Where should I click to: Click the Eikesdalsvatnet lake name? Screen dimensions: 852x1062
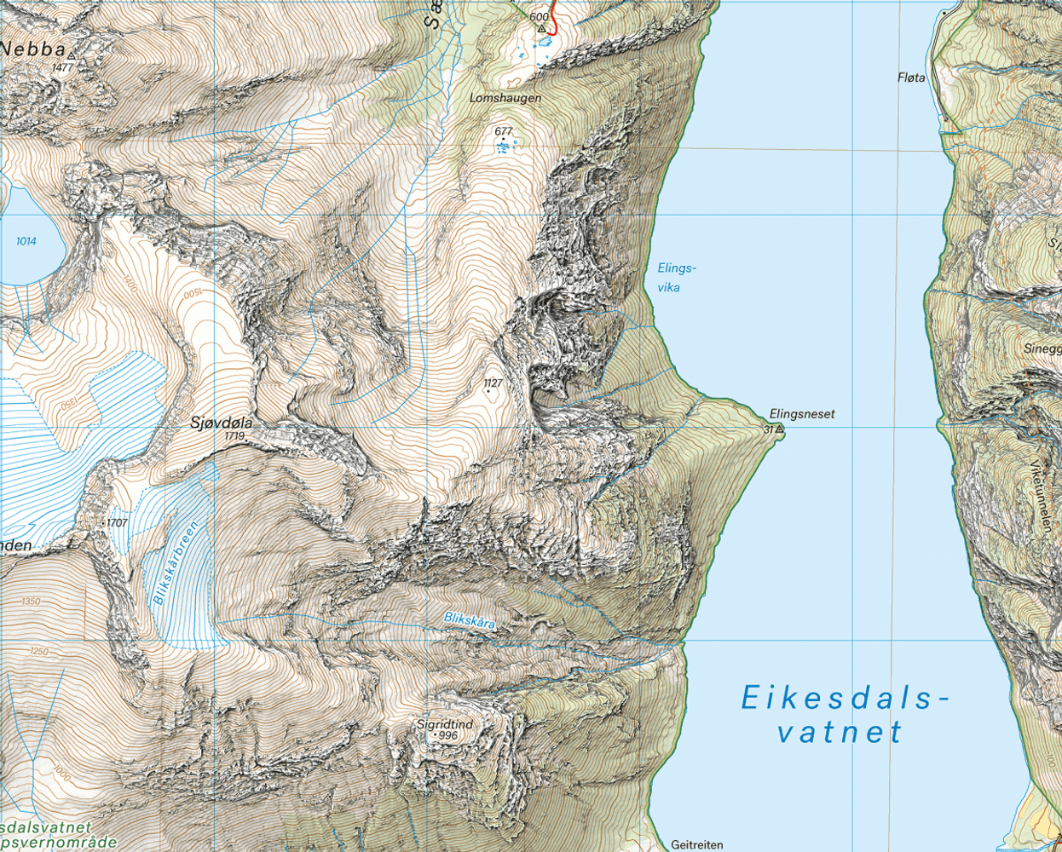coord(843,715)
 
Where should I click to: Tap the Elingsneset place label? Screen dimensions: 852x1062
coord(801,414)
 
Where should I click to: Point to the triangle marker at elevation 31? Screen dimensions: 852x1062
coord(779,430)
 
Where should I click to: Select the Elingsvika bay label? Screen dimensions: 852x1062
coord(677,278)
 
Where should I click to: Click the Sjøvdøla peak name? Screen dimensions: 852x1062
coord(222,422)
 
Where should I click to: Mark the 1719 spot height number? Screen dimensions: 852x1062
coord(235,436)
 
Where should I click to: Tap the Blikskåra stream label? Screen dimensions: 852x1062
coord(469,621)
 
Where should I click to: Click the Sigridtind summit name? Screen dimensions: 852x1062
coord(444,725)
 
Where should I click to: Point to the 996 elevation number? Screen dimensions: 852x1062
coord(448,735)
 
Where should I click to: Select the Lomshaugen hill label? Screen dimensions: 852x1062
coord(505,98)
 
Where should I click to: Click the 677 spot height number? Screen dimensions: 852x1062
coord(504,132)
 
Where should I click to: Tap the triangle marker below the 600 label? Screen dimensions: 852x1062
coord(540,28)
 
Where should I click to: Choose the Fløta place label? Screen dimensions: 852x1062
coord(910,78)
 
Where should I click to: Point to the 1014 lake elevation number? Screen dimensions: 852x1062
coord(26,241)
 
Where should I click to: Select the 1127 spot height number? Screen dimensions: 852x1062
coord(493,383)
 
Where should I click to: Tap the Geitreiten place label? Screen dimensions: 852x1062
coord(696,845)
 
